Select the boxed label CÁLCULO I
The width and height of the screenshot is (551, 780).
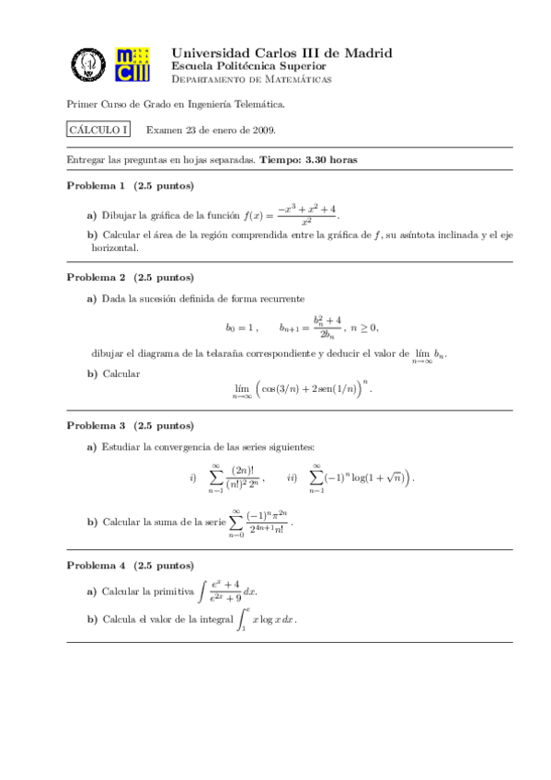pyautogui.click(x=99, y=131)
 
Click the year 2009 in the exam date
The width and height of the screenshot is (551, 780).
pyautogui.click(x=260, y=131)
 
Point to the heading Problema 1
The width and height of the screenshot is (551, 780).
pyautogui.click(x=97, y=186)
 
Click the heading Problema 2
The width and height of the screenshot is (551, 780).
pyautogui.click(x=97, y=277)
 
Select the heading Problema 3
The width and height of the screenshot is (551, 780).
pyautogui.click(x=97, y=426)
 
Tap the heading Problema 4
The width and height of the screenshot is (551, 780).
pyautogui.click(x=97, y=564)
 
